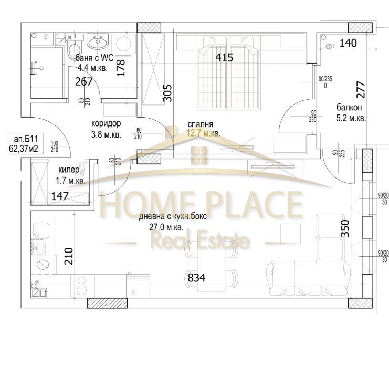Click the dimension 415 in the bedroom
pos(224,58)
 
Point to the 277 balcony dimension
pos(360,92)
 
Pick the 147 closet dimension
pos(60,197)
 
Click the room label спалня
pos(200,125)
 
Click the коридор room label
pos(106,124)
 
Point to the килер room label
pos(69,170)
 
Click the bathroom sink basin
pos(97,42)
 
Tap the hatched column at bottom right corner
pos(360,303)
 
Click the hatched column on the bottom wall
pos(107,303)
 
